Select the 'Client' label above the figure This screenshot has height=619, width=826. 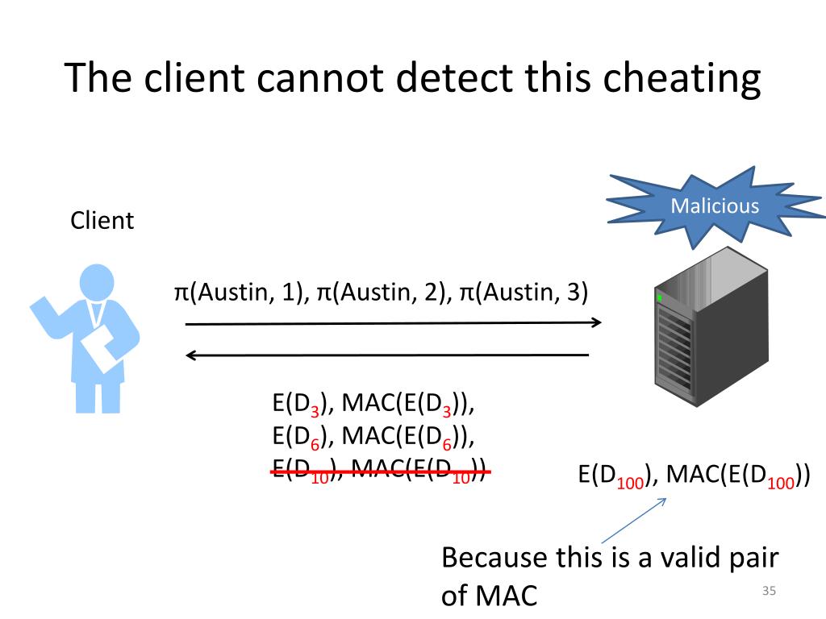[102, 220]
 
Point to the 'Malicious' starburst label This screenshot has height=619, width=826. [715, 206]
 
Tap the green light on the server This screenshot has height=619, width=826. [659, 298]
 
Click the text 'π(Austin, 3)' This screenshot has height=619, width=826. [524, 292]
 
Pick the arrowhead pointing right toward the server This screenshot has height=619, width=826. [596, 323]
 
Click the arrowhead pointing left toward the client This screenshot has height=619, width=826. [192, 355]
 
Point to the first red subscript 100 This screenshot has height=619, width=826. [631, 483]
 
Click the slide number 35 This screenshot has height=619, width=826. [768, 592]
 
